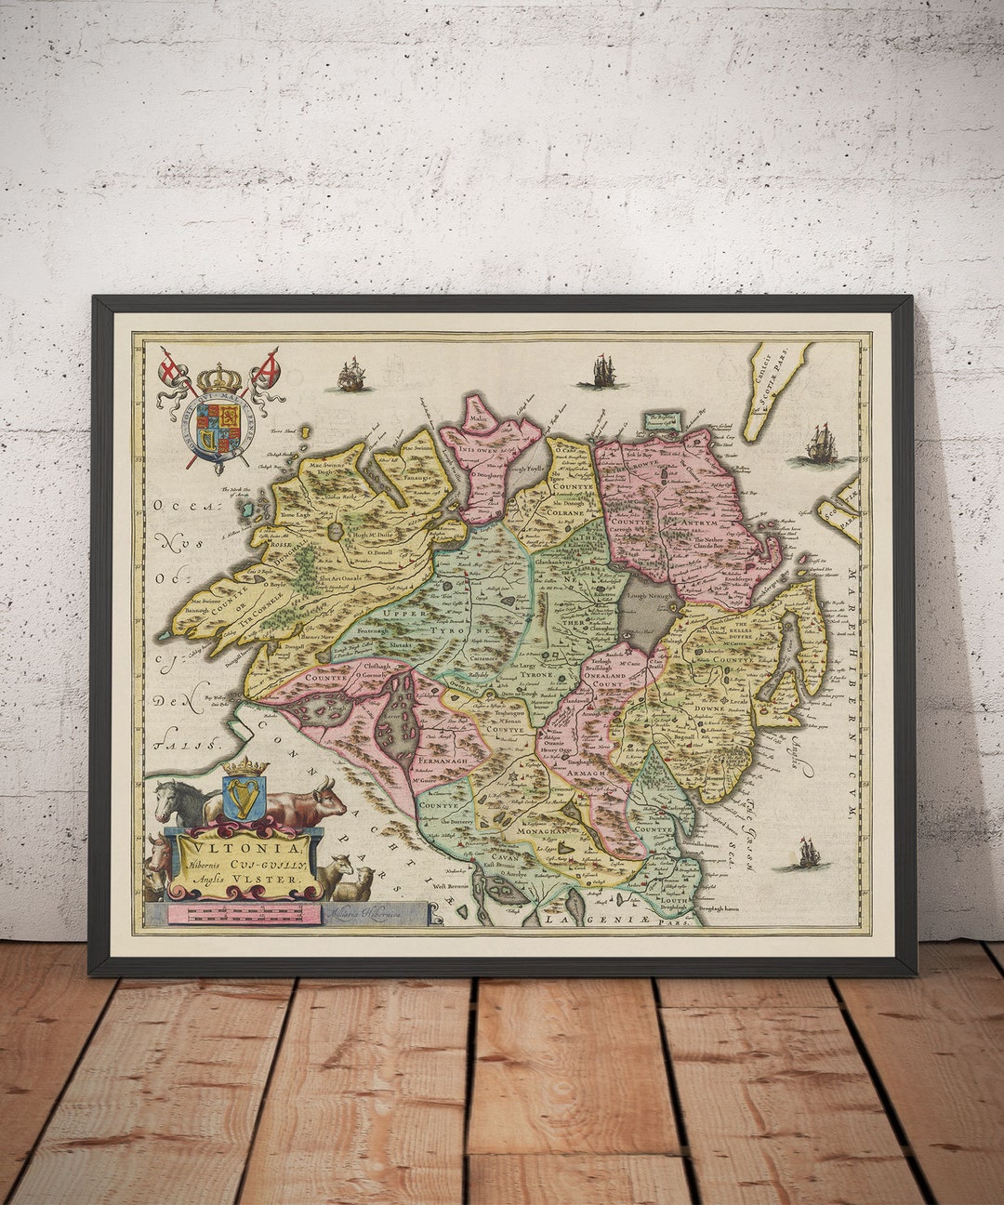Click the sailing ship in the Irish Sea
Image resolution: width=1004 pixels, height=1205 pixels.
pyautogui.click(x=802, y=854)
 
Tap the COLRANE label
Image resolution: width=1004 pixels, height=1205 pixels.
pyautogui.click(x=565, y=511)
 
